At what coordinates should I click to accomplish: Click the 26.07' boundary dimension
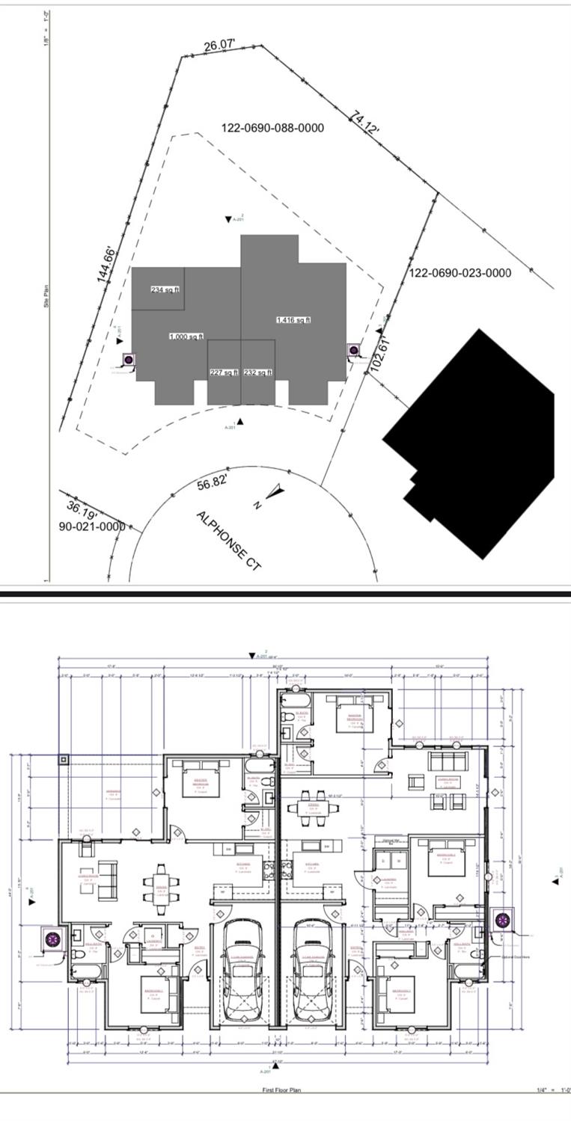point(219,46)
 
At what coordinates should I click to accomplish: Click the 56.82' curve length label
point(212,483)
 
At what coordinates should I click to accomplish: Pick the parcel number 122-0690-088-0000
point(272,128)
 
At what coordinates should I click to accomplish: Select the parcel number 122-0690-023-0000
point(460,273)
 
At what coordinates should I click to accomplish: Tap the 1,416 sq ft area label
point(293,320)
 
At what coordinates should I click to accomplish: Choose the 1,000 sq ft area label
point(186,337)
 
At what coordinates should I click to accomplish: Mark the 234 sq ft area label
point(165,289)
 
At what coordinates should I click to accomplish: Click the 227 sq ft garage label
point(224,372)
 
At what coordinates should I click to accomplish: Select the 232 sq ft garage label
point(258,372)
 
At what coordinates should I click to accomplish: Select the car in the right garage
point(312,961)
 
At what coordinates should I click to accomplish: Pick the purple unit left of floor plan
point(52,939)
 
